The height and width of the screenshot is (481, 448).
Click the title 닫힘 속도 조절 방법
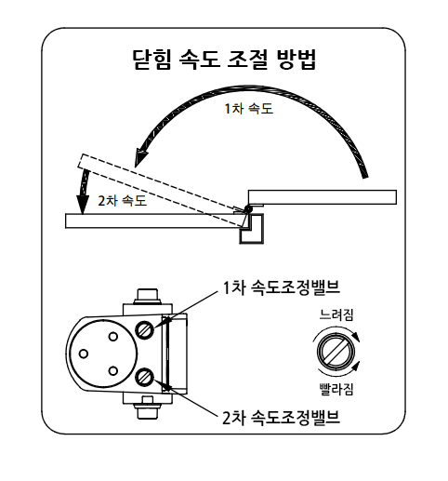pyautogui.click(x=224, y=60)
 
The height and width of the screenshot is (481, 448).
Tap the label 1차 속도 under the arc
pyautogui.click(x=249, y=109)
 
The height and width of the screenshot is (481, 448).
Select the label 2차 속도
pyautogui.click(x=122, y=201)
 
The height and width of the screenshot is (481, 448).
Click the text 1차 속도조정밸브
pyautogui.click(x=282, y=287)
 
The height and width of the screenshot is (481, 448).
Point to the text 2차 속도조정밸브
pyautogui.click(x=282, y=418)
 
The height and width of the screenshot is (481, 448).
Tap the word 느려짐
pyautogui.click(x=336, y=314)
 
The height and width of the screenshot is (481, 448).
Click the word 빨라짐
pyautogui.click(x=336, y=389)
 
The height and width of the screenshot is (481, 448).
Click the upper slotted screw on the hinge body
pyautogui.click(x=145, y=330)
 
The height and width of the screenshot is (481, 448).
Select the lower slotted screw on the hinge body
pyautogui.click(x=145, y=377)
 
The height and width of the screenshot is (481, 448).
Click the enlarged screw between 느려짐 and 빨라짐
pyautogui.click(x=336, y=352)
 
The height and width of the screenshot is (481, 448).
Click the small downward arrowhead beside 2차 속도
pyautogui.click(x=82, y=206)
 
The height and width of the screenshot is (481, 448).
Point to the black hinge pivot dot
pyautogui.click(x=248, y=209)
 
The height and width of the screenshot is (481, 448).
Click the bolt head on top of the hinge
pyautogui.click(x=148, y=297)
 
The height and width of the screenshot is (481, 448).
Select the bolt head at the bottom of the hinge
pyautogui.click(x=148, y=411)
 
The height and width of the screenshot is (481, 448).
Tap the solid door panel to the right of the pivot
pyautogui.click(x=323, y=197)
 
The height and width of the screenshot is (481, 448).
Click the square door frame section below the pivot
pyautogui.click(x=252, y=229)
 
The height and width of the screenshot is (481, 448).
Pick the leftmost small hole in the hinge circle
pyautogui.click(x=84, y=354)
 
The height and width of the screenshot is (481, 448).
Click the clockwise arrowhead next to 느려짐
pyautogui.click(x=357, y=338)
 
